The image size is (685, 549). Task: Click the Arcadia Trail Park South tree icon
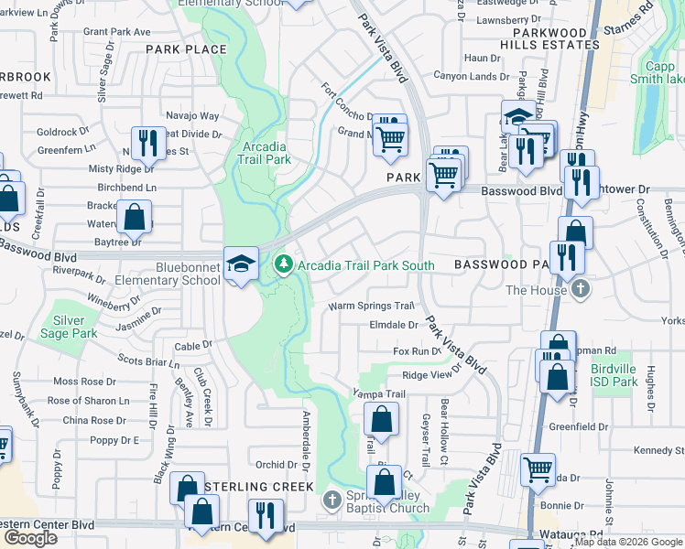pos(284,265)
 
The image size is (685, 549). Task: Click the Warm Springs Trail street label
pos(372,306)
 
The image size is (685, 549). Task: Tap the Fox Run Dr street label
pos(411,351)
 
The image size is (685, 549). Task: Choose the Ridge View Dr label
pos(428,376)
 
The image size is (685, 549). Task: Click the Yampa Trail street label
pos(379,394)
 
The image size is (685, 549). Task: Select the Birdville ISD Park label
pos(624,369)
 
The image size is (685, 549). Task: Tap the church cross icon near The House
pos(580,290)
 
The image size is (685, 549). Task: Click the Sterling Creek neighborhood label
pos(259,487)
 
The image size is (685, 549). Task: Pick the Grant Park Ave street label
pos(116,31)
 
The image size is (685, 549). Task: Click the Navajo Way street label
pos(192,116)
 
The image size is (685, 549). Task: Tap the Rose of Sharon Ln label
pos(88,401)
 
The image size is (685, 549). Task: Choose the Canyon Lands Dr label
pos(471,77)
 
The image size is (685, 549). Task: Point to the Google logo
pos(30,538)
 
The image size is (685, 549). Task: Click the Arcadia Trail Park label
pos(266,153)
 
